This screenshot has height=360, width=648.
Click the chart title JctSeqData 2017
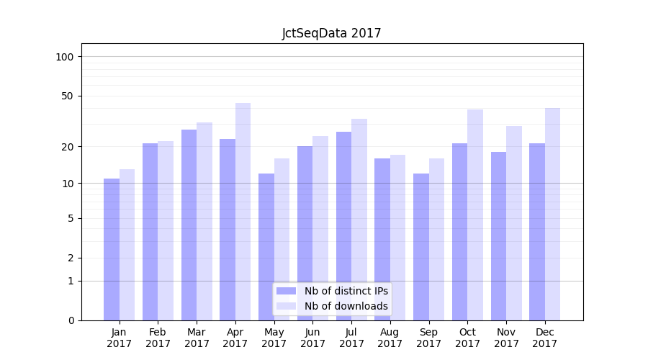(331, 33)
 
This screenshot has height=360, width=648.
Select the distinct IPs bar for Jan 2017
(112, 249)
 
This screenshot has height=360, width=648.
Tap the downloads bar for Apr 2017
(243, 212)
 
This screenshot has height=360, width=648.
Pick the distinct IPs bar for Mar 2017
(189, 225)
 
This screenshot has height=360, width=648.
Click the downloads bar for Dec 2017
(552, 214)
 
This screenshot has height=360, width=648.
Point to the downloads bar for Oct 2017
(475, 215)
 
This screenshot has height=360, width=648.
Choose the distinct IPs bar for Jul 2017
(343, 225)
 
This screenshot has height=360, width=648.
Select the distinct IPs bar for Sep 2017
(421, 246)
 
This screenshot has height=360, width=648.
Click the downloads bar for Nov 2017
(514, 223)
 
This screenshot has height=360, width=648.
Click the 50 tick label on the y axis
(68, 96)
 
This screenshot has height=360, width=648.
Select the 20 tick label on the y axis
(68, 147)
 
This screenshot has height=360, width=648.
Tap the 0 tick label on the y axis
(71, 320)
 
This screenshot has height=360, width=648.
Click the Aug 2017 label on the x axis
(390, 338)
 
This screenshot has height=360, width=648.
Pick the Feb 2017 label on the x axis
(158, 338)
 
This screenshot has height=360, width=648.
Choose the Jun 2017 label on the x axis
(312, 338)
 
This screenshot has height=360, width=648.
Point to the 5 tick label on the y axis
(71, 218)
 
